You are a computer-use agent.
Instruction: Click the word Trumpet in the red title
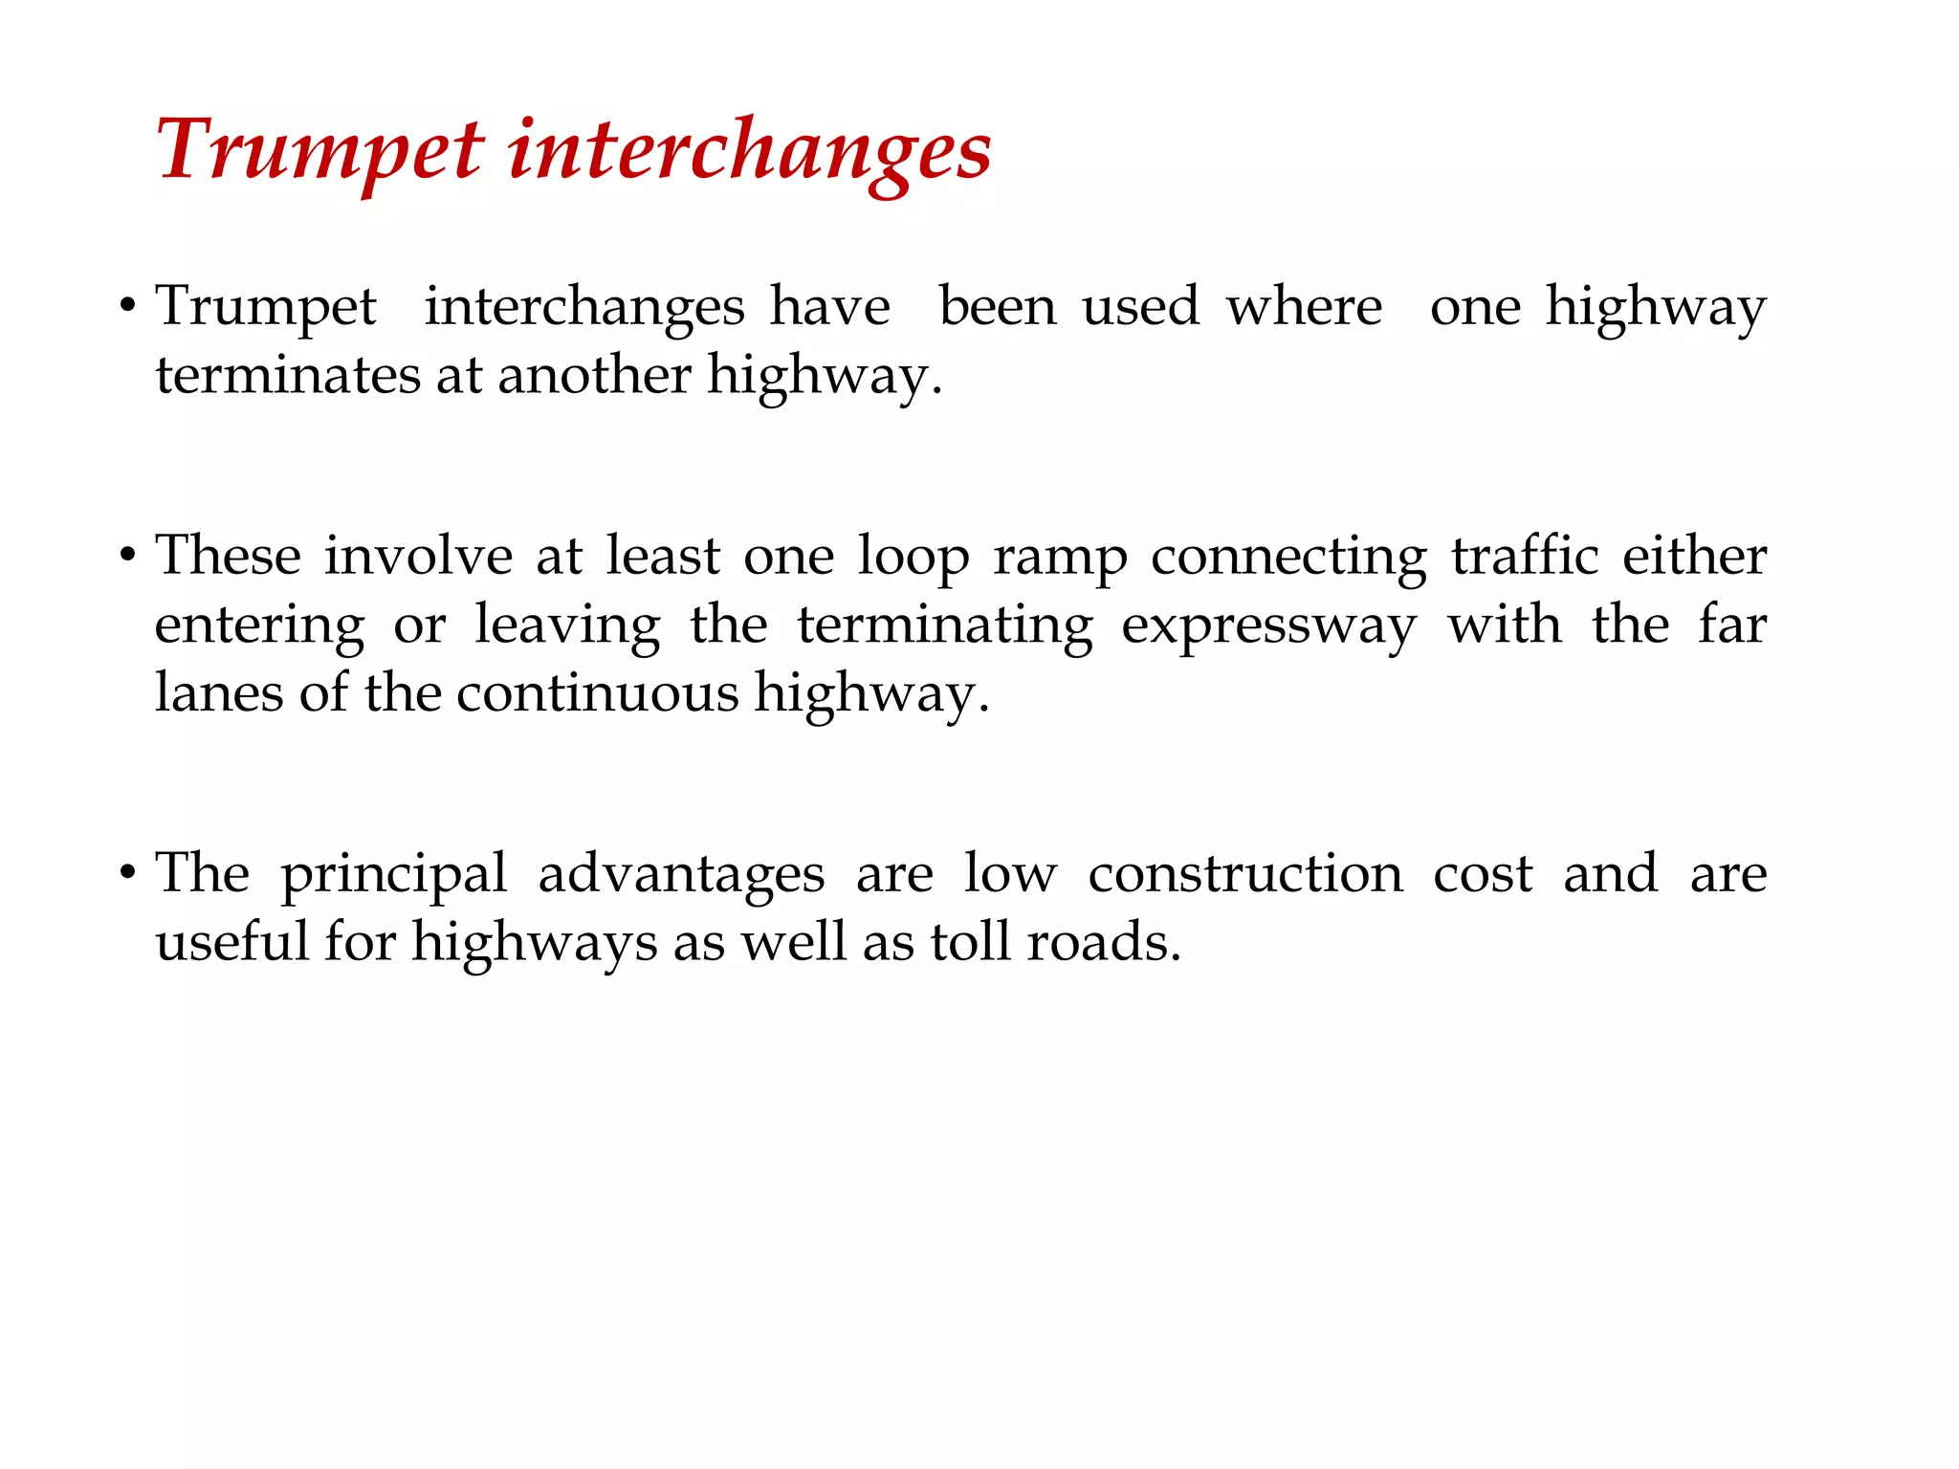pos(320,149)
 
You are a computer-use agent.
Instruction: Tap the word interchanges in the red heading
pos(750,151)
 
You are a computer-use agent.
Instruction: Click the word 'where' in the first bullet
pos(1305,307)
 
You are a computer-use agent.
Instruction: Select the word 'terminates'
pos(287,374)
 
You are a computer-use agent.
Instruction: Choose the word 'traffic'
pos(1525,556)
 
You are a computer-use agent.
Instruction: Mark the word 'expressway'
pos(1268,626)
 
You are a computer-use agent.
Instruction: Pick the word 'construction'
pos(1245,873)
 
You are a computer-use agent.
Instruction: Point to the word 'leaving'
pos(567,626)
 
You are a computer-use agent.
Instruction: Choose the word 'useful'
pos(231,941)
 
